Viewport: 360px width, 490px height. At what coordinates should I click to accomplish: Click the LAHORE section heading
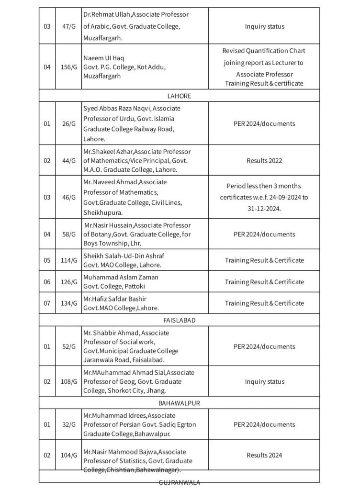179,96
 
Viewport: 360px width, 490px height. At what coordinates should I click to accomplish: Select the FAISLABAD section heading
179,320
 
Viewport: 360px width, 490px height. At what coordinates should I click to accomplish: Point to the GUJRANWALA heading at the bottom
179,482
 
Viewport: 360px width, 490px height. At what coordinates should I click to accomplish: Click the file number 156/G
69,67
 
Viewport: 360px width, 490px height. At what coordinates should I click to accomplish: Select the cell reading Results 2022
264,161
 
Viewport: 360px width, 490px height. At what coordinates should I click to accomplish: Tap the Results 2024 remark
264,455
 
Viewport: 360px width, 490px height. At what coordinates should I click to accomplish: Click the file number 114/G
69,260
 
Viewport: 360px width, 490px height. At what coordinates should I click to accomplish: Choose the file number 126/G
69,282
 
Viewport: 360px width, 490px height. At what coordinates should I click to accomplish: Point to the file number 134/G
69,303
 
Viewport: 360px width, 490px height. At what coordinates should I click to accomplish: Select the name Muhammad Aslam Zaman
121,277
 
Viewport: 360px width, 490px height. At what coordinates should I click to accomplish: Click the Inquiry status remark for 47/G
264,26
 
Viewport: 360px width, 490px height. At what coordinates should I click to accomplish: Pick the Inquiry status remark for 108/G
264,381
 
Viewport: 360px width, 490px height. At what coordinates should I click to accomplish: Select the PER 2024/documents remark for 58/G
264,234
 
